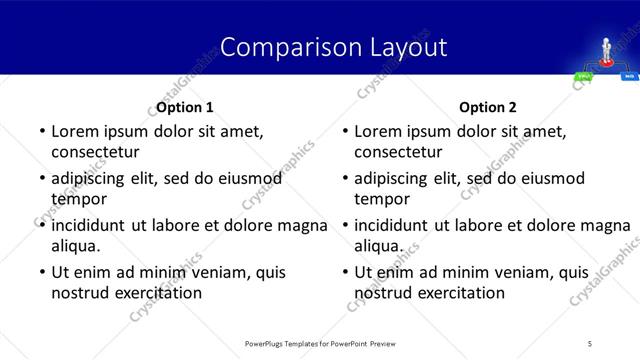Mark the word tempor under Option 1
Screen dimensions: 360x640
pyautogui.click(x=77, y=198)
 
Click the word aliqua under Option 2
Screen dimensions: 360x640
pyautogui.click(x=378, y=245)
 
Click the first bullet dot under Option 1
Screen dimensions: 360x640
pyautogui.click(x=41, y=132)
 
